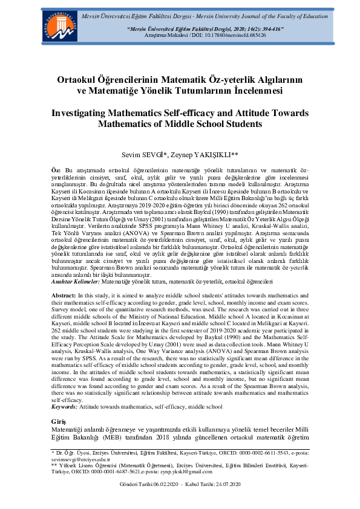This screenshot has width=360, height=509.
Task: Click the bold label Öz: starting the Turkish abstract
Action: tap(56, 172)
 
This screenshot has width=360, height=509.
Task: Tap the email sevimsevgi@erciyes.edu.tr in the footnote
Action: tap(76, 458)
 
